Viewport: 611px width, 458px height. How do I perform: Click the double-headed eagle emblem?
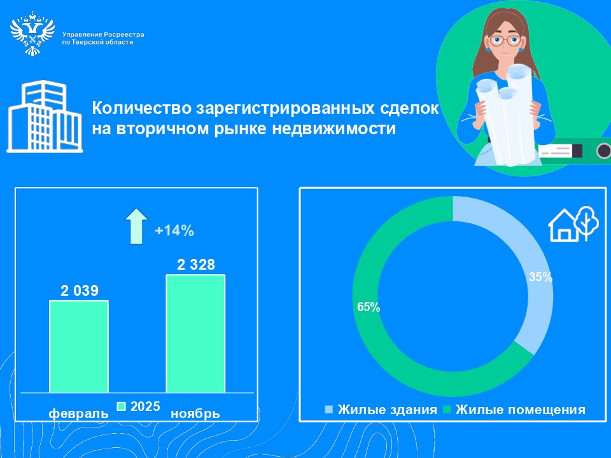(32, 33)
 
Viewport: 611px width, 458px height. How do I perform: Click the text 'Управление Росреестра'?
(103, 34)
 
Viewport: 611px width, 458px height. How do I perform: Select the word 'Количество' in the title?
(142, 108)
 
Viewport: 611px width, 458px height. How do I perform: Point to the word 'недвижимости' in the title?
(334, 128)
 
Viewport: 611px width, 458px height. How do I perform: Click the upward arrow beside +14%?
(136, 226)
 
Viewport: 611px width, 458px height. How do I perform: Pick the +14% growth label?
(174, 230)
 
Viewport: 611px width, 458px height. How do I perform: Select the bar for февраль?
(79, 346)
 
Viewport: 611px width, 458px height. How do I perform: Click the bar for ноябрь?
(195, 333)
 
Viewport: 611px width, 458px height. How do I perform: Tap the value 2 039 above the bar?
(80, 291)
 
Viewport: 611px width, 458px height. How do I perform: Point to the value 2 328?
(196, 265)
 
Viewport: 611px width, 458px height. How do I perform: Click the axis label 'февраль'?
(78, 413)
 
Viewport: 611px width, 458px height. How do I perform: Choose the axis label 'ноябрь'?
(195, 413)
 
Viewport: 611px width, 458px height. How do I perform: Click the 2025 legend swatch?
(122, 406)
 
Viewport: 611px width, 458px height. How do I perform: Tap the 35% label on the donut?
(540, 277)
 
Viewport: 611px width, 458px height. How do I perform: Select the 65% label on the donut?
(369, 307)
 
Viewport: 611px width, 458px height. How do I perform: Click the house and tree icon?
(573, 225)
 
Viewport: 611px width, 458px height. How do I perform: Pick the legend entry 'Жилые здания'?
(381, 410)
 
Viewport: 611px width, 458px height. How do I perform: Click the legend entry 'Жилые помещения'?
(514, 410)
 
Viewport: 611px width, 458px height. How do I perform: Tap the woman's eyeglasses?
(505, 41)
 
